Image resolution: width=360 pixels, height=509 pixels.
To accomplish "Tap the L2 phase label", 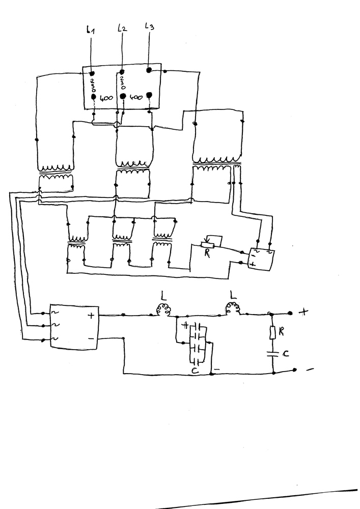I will coord(122,28).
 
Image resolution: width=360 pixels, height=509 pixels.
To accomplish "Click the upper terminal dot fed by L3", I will coord(149,70).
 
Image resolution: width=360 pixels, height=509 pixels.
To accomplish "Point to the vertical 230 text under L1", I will coord(93,84).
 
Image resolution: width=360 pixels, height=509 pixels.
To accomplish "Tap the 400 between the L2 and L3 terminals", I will coord(136,96).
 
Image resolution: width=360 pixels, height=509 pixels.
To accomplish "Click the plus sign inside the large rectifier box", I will coord(91,316).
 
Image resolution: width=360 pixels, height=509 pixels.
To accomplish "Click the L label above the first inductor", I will coord(163,294).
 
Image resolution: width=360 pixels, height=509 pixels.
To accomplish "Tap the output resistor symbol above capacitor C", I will coord(273,333).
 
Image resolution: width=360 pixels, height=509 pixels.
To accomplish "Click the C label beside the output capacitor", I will coord(285,353).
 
